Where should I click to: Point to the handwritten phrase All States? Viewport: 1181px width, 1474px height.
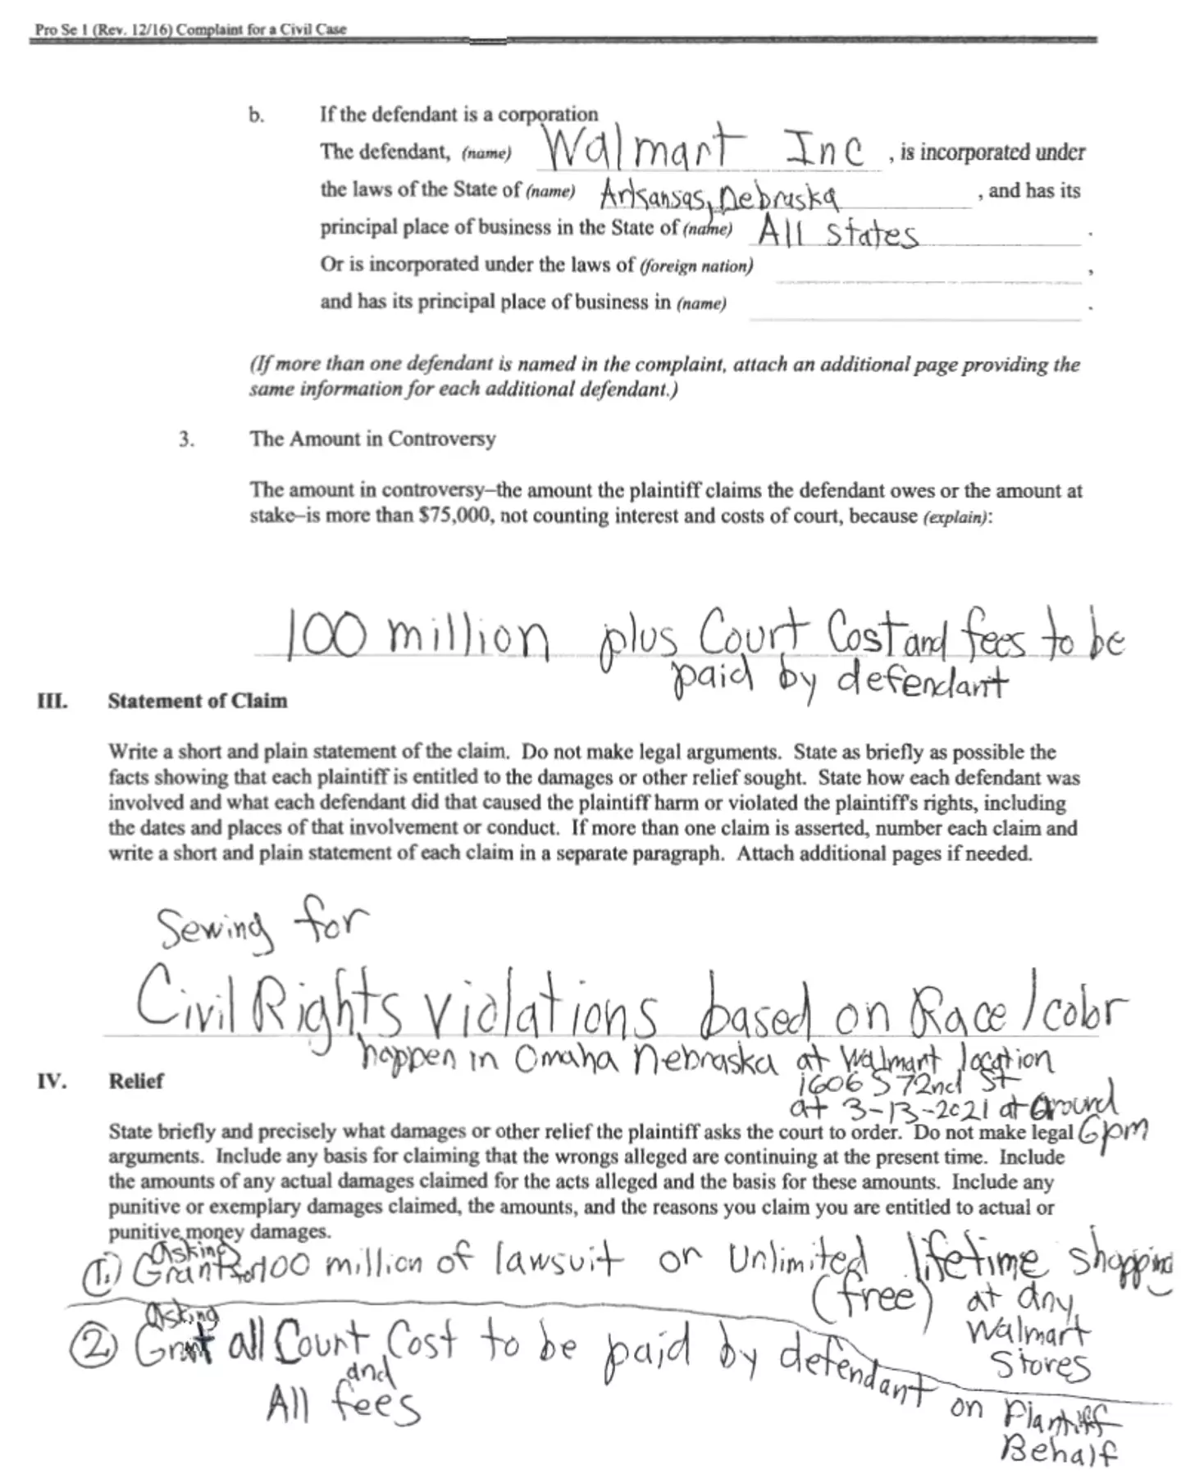[837, 234]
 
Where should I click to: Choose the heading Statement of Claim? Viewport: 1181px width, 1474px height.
[198, 701]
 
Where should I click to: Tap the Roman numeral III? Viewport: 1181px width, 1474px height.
[52, 701]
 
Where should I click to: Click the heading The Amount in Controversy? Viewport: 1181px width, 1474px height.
[372, 439]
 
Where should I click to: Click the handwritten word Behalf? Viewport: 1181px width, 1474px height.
[1059, 1452]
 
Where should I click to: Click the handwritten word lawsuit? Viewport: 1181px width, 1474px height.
[559, 1260]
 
